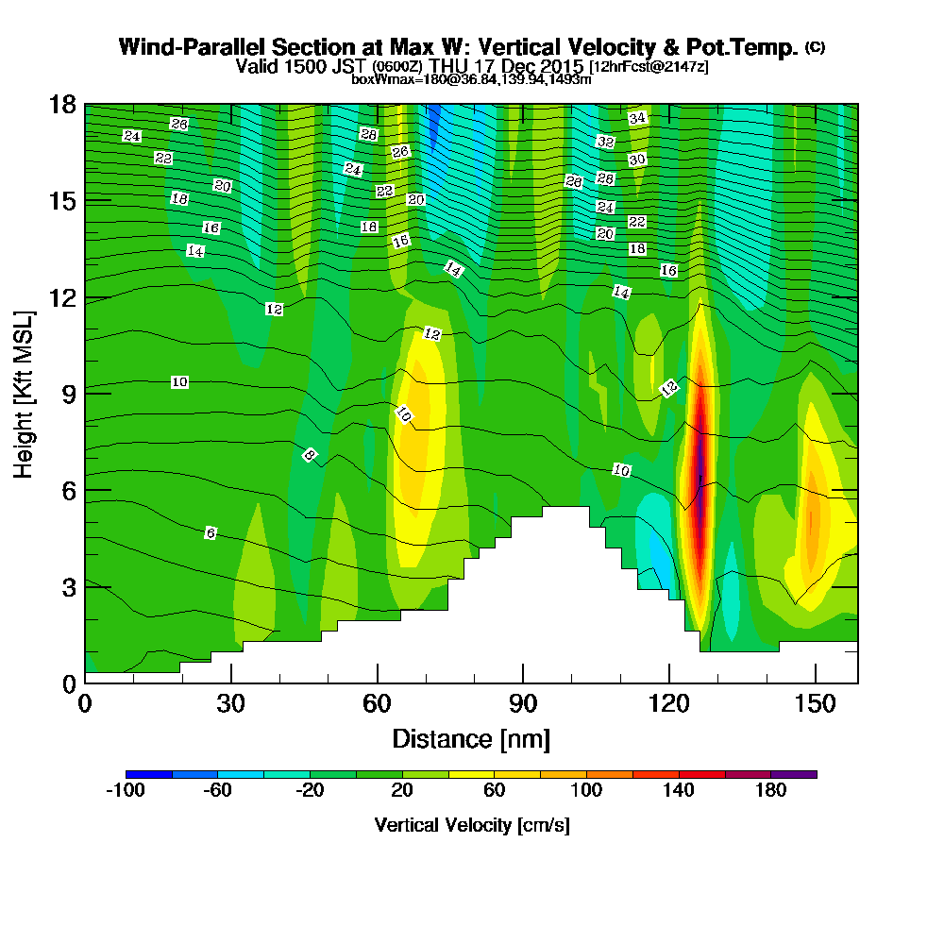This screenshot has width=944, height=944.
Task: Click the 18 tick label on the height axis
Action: [62, 105]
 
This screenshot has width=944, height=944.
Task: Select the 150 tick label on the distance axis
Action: [815, 705]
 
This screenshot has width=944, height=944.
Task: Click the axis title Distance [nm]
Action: [471, 738]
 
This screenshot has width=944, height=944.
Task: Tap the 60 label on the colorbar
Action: [495, 791]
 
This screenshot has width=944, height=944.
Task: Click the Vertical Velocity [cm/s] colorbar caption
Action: [471, 825]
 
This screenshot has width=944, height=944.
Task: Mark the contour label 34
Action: [637, 118]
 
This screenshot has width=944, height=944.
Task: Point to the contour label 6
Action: [211, 533]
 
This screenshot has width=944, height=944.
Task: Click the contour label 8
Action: [309, 455]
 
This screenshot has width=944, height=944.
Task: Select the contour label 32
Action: [606, 142]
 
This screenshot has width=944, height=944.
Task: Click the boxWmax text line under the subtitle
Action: [471, 79]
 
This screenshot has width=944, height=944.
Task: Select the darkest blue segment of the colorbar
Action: [148, 774]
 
